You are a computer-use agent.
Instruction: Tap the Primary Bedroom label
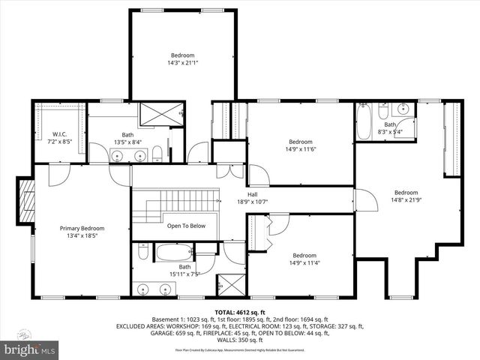[82, 228]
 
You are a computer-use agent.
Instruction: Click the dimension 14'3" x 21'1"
[182, 63]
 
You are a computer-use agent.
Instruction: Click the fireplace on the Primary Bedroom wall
[27, 202]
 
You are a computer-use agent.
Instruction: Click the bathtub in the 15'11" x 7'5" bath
[175, 252]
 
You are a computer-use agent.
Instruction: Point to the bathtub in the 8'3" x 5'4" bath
[364, 123]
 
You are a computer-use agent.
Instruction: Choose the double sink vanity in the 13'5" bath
[128, 155]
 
